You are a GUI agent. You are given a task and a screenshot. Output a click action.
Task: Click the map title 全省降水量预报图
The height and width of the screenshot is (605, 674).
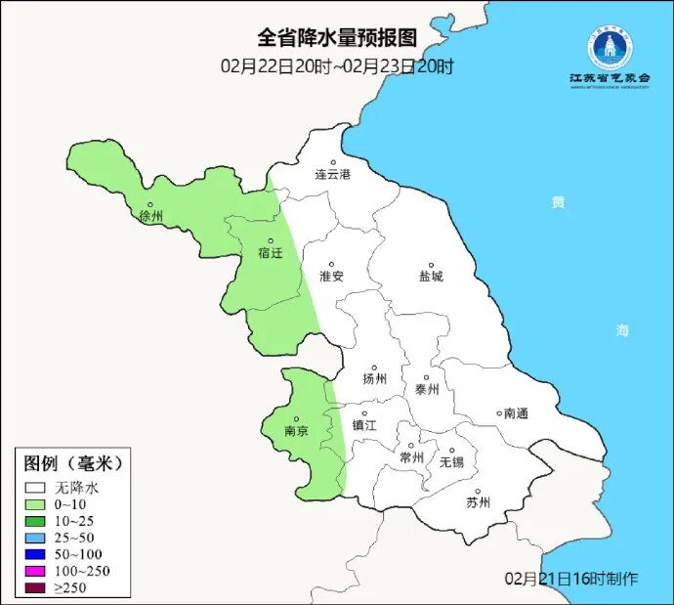pyautogui.click(x=337, y=38)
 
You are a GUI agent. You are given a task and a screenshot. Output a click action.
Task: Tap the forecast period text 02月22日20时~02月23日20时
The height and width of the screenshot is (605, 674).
pyautogui.click(x=337, y=66)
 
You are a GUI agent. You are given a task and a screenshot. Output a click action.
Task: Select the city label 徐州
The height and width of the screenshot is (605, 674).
pyautogui.click(x=151, y=216)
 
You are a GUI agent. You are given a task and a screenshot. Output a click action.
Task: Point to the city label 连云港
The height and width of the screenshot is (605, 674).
pyautogui.click(x=332, y=174)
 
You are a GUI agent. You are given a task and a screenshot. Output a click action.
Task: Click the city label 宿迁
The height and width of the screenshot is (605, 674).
pyautogui.click(x=270, y=253)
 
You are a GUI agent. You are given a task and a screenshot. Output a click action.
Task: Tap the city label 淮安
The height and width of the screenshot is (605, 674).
pyautogui.click(x=332, y=276)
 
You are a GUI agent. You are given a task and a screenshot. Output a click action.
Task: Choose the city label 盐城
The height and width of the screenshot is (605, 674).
pyautogui.click(x=431, y=276)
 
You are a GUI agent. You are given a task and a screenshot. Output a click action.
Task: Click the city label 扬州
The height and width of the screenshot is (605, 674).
pyautogui.click(x=374, y=379)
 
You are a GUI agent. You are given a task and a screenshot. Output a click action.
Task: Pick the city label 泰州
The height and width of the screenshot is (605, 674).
pyautogui.click(x=427, y=388)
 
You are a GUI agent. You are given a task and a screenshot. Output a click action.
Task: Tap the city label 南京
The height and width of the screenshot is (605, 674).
pyautogui.click(x=296, y=429)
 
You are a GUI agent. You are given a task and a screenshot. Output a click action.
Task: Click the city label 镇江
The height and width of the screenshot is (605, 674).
pyautogui.click(x=364, y=425)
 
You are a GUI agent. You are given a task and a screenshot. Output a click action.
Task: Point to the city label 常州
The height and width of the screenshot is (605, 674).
pyautogui.click(x=412, y=456)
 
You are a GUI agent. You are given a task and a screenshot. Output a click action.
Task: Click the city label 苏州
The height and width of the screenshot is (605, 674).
pyautogui.click(x=478, y=502)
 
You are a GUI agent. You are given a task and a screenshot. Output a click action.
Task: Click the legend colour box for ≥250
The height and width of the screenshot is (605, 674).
pyautogui.click(x=37, y=587)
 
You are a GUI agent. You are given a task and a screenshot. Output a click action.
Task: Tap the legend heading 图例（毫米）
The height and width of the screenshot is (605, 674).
pyautogui.click(x=73, y=462)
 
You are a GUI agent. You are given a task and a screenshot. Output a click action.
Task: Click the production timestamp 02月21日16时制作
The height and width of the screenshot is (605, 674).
pyautogui.click(x=572, y=579)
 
